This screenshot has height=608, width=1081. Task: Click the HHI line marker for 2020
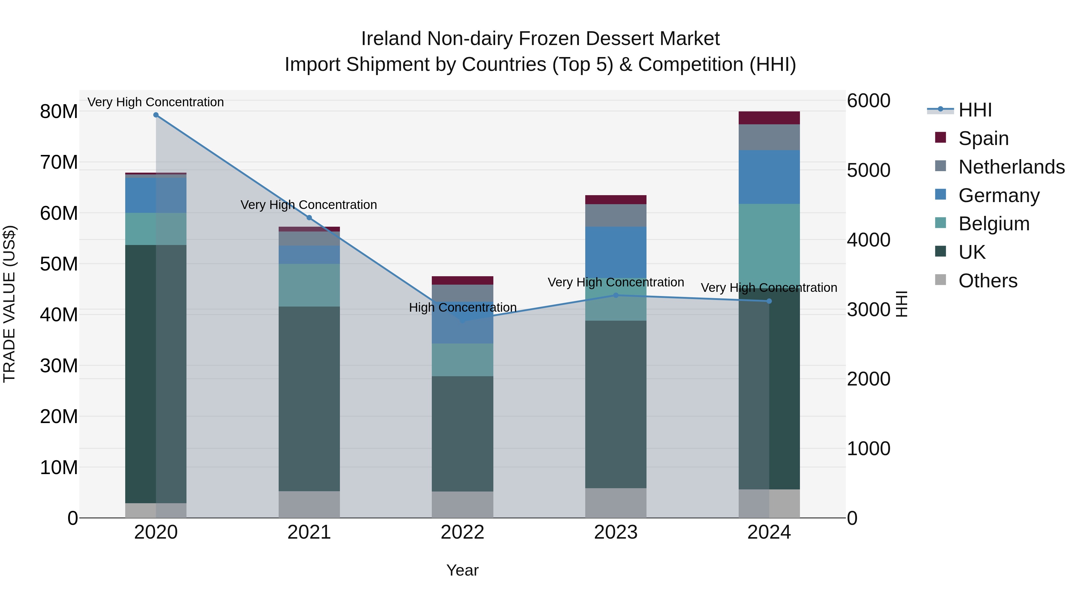tap(156, 115)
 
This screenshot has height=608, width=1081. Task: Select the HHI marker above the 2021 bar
tap(309, 218)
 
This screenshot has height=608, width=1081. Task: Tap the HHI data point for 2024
tap(769, 301)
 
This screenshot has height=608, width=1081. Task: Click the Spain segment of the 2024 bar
tap(769, 118)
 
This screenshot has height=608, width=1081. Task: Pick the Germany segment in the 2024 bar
tap(769, 177)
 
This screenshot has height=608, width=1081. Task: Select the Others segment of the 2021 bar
tap(309, 504)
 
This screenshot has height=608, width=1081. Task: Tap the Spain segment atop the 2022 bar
tap(462, 280)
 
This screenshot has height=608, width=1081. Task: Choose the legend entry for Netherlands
tap(1011, 167)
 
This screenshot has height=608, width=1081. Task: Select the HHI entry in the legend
tap(975, 110)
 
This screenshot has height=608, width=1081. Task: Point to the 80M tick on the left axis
tap(59, 112)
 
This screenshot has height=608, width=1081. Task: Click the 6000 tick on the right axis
tap(868, 101)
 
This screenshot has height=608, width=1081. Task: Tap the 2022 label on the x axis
tap(462, 532)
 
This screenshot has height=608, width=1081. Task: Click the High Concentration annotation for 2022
tap(462, 307)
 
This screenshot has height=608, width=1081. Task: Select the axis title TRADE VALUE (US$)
tap(9, 304)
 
